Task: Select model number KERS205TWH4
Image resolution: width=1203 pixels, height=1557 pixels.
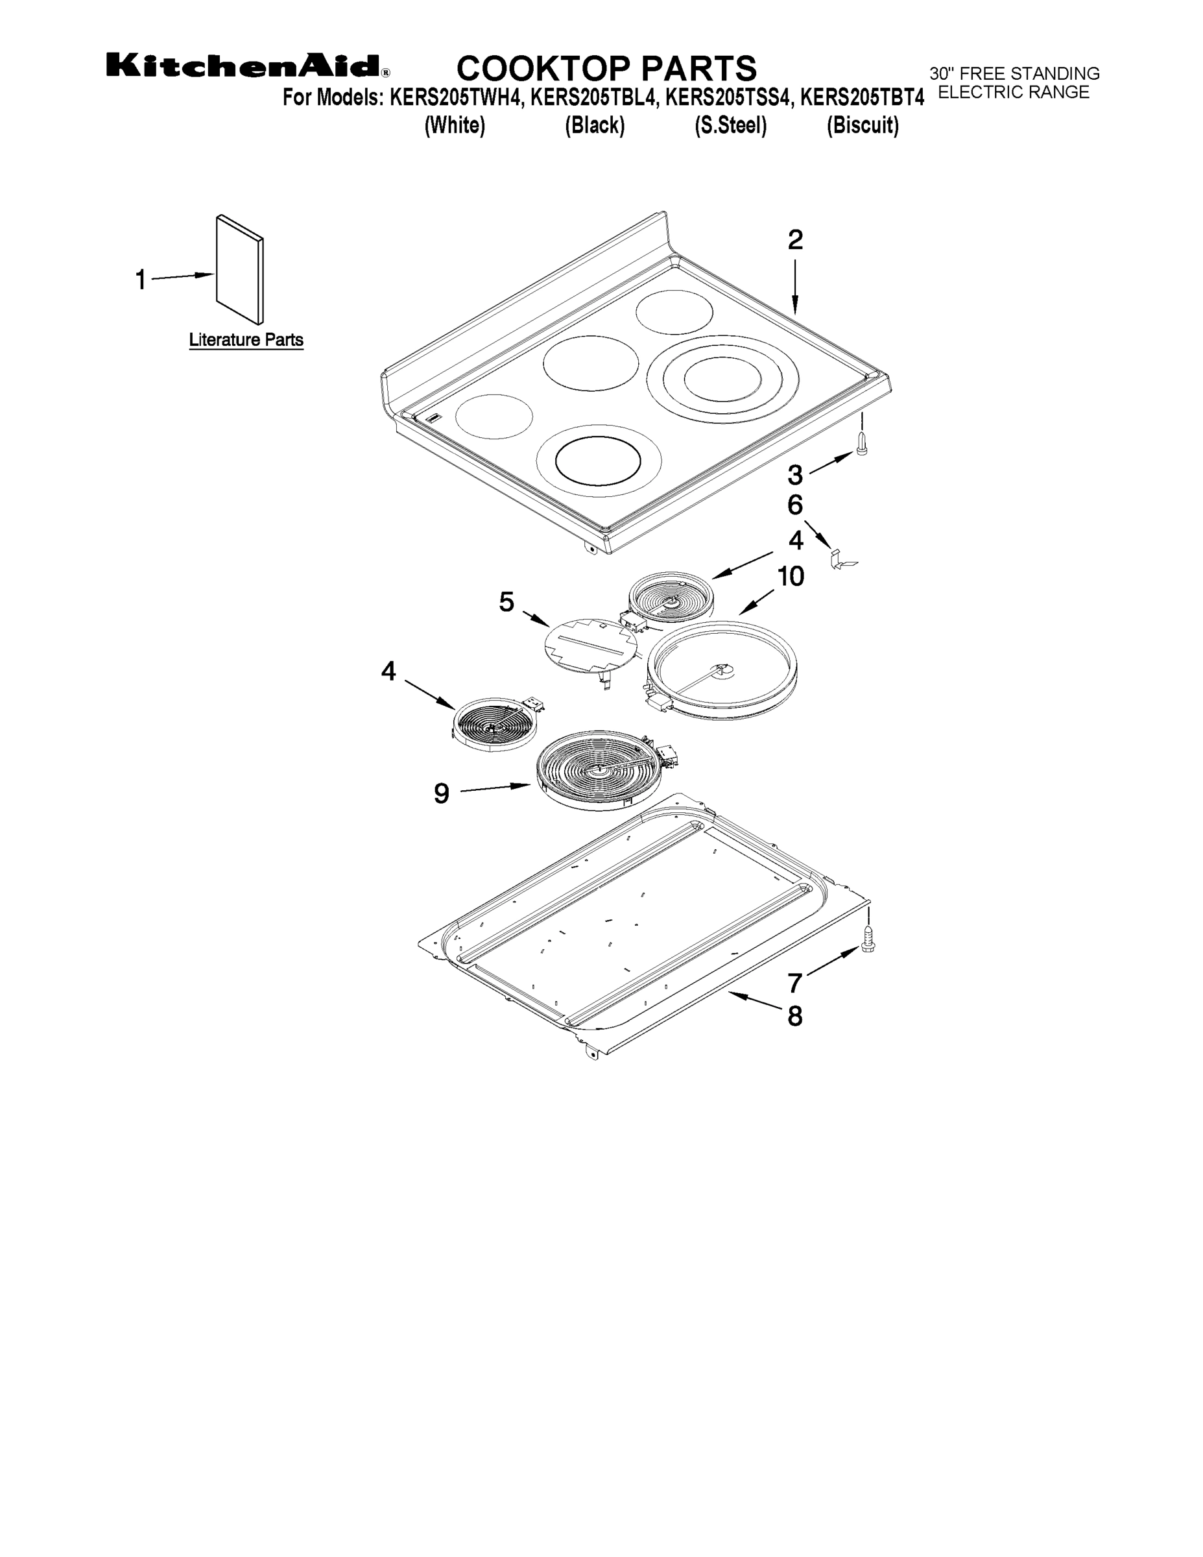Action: pyautogui.click(x=457, y=98)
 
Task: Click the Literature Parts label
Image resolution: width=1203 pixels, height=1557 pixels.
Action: pyautogui.click(x=246, y=340)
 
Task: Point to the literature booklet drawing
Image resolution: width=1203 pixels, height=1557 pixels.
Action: pyautogui.click(x=239, y=269)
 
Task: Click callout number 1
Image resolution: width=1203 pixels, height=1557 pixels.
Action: pyautogui.click(x=141, y=280)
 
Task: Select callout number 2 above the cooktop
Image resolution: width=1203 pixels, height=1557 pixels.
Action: pyautogui.click(x=794, y=239)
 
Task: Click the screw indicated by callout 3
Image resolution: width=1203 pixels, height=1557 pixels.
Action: pyautogui.click(x=862, y=444)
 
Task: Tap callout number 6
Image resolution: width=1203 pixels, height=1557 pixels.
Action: pyautogui.click(x=794, y=505)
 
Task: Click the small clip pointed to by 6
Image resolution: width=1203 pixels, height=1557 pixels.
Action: pyautogui.click(x=842, y=560)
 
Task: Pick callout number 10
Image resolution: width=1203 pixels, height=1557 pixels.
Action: pyautogui.click(x=790, y=576)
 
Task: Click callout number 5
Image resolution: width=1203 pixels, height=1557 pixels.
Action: pyautogui.click(x=506, y=603)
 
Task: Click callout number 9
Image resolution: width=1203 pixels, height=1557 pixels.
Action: pyautogui.click(x=442, y=793)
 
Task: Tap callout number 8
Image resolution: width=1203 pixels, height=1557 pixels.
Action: pyautogui.click(x=794, y=1016)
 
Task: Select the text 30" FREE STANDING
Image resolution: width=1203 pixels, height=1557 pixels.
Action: pyautogui.click(x=1014, y=73)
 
